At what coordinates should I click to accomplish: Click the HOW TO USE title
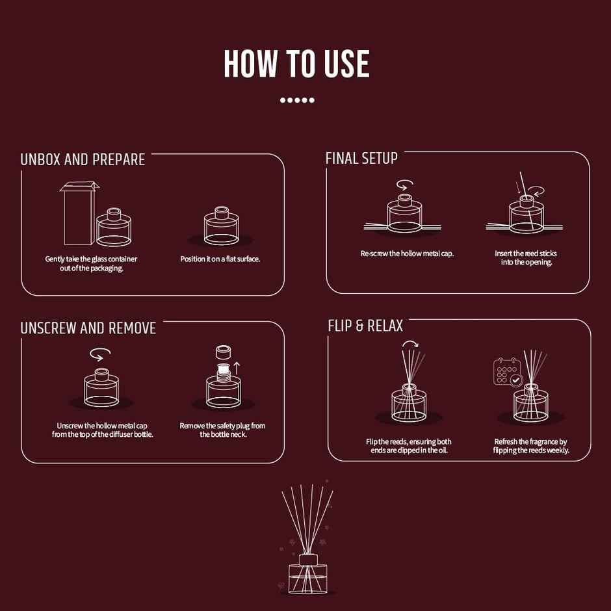point(296,64)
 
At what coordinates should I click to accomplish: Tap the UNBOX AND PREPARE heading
point(83,159)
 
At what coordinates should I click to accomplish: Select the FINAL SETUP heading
point(361,158)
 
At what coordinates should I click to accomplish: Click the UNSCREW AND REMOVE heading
point(88,328)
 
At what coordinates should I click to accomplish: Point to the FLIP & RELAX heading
point(365,326)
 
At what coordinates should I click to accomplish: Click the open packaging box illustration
point(79,213)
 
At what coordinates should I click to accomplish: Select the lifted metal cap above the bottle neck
point(224,352)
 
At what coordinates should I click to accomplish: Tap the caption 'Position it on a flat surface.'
point(220,259)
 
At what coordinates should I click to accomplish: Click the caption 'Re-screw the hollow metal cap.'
point(407,253)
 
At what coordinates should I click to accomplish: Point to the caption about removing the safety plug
point(222,430)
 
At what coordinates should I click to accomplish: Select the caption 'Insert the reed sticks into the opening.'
point(526,257)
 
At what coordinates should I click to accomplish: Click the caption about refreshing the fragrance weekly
point(531,446)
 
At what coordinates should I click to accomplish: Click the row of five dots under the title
point(297,100)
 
